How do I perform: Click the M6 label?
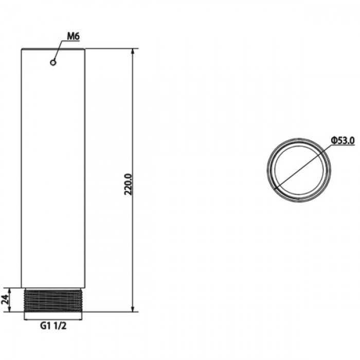point(73,36)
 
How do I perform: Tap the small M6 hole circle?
point(53,62)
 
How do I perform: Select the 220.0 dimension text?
point(128,184)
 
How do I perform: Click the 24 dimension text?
point(6,299)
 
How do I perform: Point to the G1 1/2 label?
point(53,326)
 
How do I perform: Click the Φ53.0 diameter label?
point(343,140)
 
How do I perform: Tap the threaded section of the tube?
point(53,300)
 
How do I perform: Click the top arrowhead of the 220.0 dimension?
point(133,51)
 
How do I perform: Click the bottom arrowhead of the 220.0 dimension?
point(133,309)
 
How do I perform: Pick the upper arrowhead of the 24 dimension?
point(10,291)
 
